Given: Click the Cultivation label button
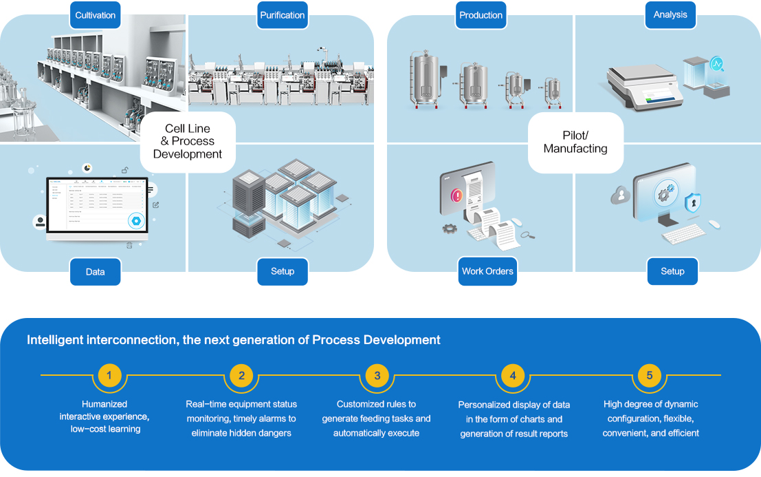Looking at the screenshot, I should (x=96, y=15).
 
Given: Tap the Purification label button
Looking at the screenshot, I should (x=283, y=15).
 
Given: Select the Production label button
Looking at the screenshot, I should (x=481, y=15).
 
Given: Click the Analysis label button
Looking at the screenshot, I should (x=671, y=15).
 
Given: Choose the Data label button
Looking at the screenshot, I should (x=96, y=272).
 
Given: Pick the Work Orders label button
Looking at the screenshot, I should (x=487, y=271).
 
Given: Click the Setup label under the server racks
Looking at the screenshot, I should (x=283, y=271).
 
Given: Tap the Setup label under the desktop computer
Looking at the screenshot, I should (x=672, y=271).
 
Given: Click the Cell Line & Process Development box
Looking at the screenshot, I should (x=188, y=142).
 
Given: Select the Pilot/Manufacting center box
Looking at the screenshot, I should (x=575, y=142).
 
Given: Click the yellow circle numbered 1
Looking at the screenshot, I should (x=109, y=376).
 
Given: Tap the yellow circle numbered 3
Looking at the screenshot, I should (x=377, y=376).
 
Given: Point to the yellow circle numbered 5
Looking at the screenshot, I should (x=649, y=376).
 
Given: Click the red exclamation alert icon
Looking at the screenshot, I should (x=456, y=195).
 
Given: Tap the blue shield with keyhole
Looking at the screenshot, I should (x=693, y=203).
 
